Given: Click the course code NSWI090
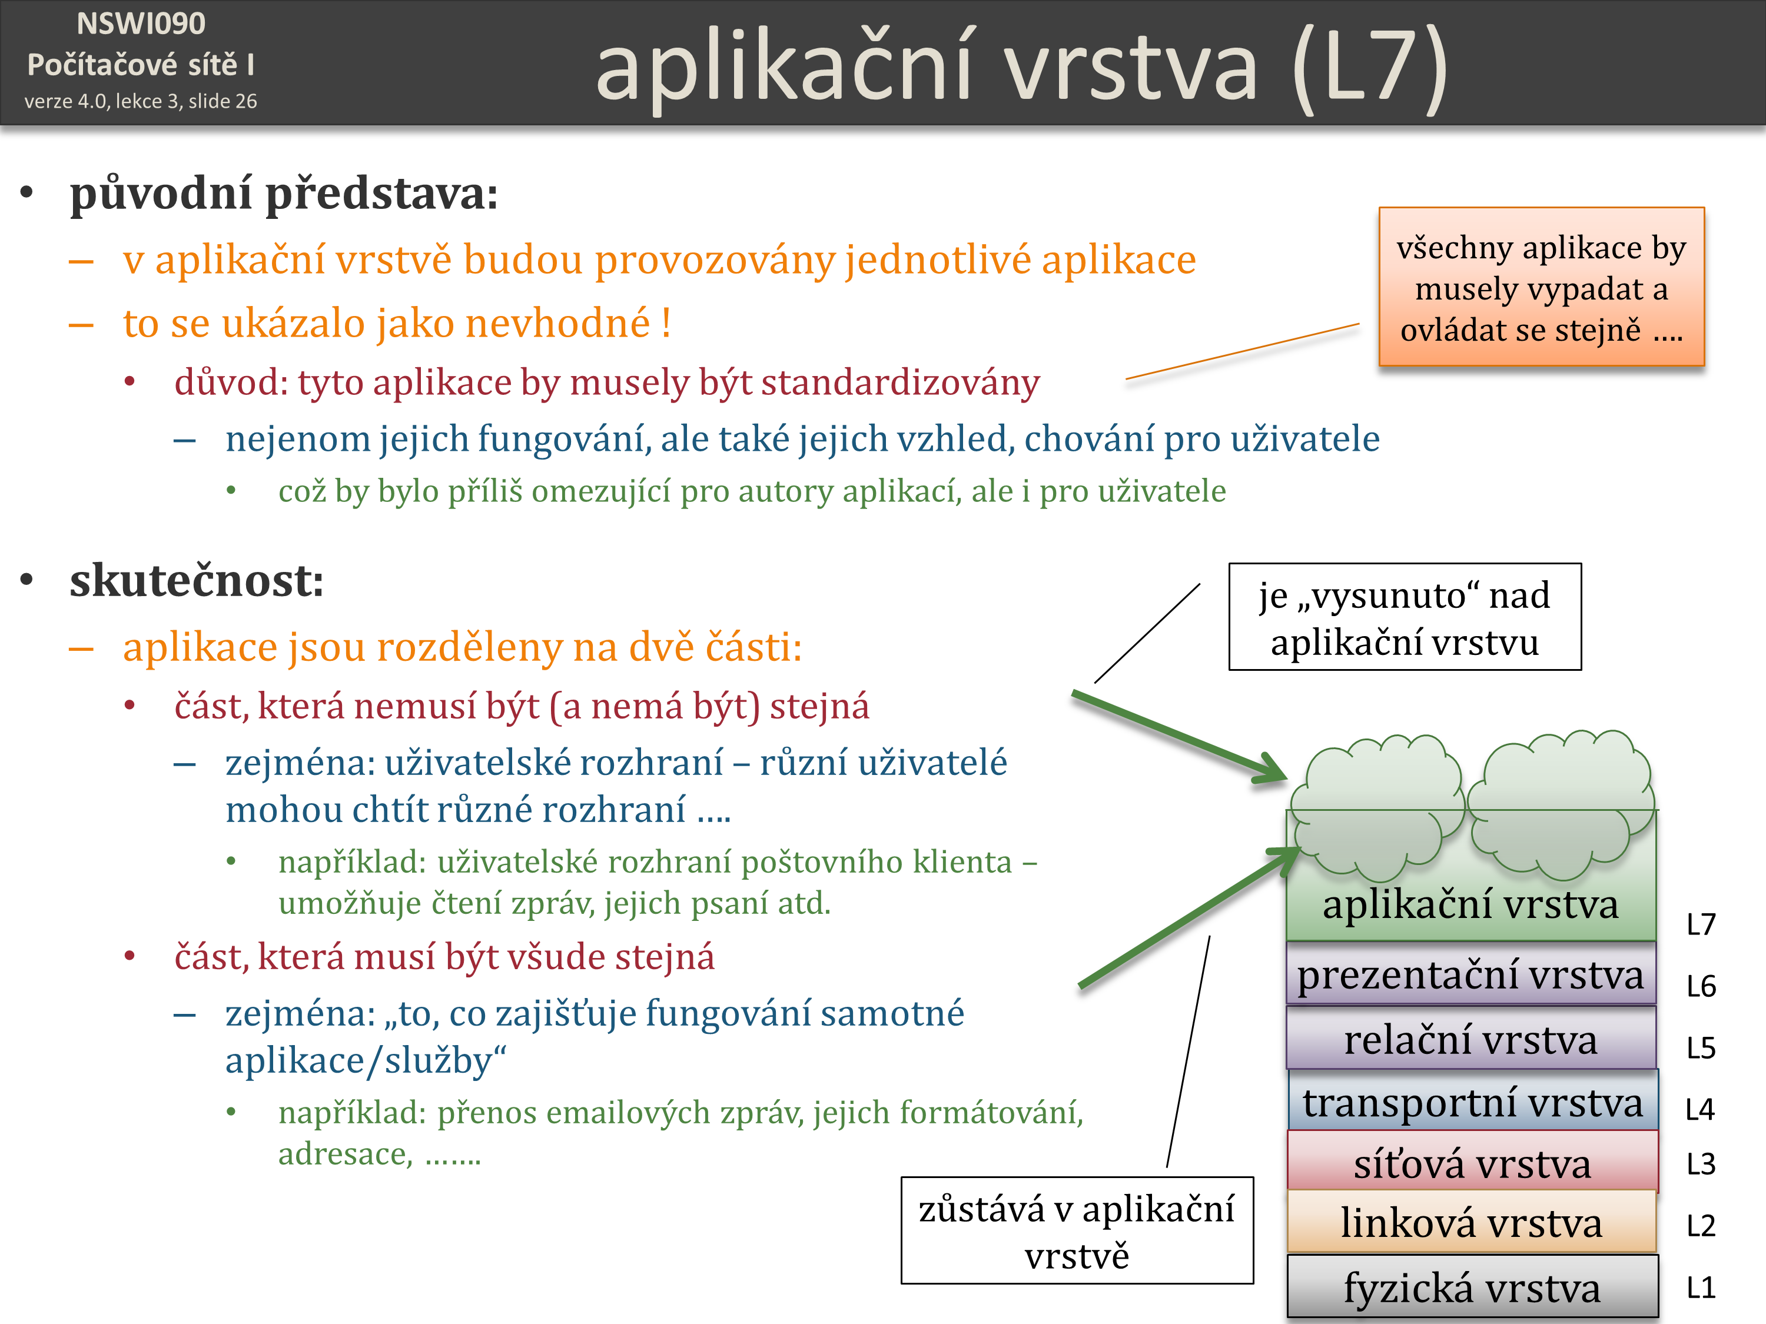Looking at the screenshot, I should pos(141,24).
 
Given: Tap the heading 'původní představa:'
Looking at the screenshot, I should pos(283,193).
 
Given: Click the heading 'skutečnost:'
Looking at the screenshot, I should pos(197,580).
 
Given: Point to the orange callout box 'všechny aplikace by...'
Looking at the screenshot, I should pos(1541,287).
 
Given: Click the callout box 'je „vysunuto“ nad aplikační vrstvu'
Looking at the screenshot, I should pos(1405,617).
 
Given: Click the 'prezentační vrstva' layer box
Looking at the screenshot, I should pos(1470,974).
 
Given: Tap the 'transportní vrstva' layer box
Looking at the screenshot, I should pos(1472,1102).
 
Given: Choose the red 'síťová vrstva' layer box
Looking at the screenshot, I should pos(1472,1163).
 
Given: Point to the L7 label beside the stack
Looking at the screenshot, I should pos(1701,924).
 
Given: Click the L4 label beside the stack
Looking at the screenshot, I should pos(1699,1109).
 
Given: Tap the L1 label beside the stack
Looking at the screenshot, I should pos(1701,1288).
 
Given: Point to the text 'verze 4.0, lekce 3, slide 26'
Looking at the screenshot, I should pos(141,101).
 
